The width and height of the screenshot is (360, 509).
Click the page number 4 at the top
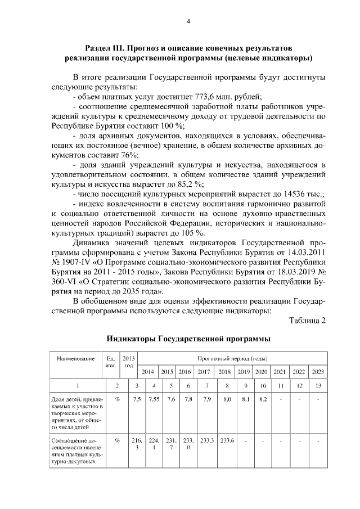pos(188,21)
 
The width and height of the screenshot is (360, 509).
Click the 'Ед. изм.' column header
pos(111,362)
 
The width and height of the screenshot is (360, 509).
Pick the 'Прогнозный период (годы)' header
pos(232,358)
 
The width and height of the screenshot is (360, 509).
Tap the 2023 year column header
pos(317,372)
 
